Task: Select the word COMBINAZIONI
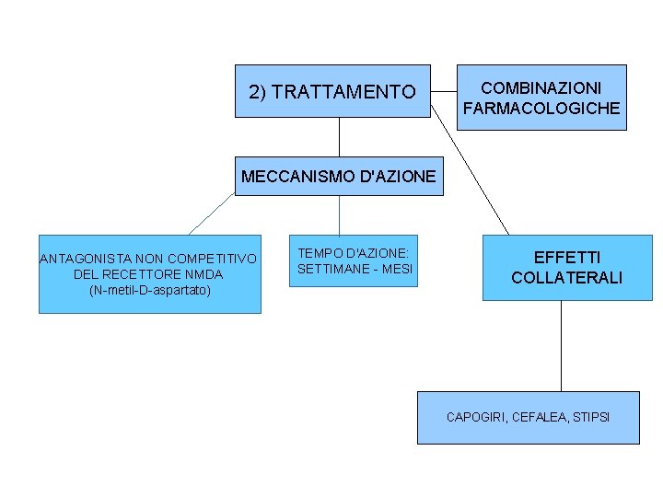click(541, 87)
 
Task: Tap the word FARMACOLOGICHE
click(541, 109)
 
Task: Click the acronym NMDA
click(204, 274)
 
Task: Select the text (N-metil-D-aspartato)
click(150, 290)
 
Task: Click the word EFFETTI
click(567, 259)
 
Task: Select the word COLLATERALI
click(567, 278)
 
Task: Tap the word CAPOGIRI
click(475, 418)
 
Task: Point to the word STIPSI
click(590, 418)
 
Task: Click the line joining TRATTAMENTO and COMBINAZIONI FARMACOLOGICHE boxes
click(444, 91)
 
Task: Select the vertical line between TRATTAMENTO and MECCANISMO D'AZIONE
click(339, 136)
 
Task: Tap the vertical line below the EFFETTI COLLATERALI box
click(561, 345)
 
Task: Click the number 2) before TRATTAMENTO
click(258, 92)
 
